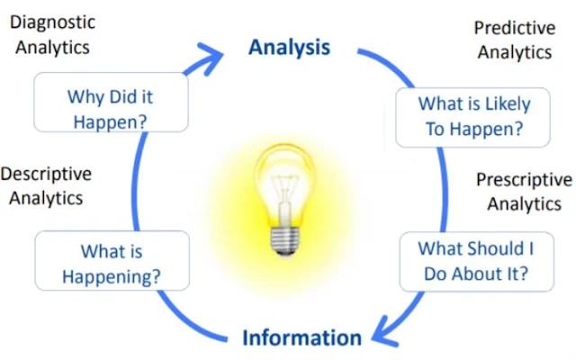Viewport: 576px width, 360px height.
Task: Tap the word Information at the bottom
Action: pyautogui.click(x=301, y=337)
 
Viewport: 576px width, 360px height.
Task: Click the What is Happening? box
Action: pyautogui.click(x=112, y=262)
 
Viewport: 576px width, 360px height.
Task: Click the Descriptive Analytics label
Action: pyautogui.click(x=46, y=184)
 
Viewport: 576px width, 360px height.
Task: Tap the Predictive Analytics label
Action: pyautogui.click(x=513, y=40)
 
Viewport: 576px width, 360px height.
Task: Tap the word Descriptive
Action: pyautogui.click(x=46, y=174)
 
